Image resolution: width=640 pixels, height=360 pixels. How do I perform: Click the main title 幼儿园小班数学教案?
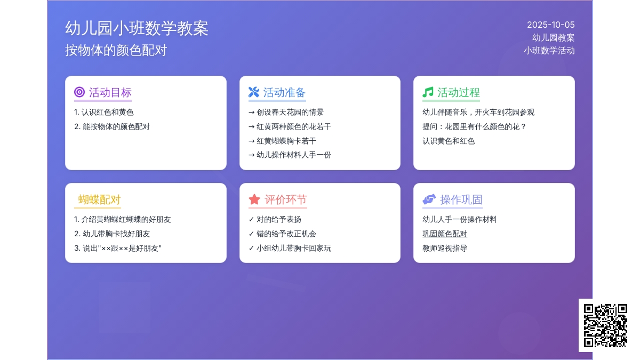tap(137, 28)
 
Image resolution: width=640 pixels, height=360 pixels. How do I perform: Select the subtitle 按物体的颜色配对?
tap(116, 50)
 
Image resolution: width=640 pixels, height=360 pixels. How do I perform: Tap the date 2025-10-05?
tap(550, 25)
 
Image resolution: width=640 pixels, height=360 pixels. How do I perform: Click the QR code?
tap(605, 325)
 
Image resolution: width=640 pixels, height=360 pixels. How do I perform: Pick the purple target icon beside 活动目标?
tap(79, 92)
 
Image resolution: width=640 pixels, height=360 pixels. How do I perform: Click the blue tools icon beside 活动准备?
tap(254, 92)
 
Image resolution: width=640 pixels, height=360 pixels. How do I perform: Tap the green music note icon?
tap(428, 92)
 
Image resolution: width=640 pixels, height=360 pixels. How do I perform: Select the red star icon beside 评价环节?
tap(254, 199)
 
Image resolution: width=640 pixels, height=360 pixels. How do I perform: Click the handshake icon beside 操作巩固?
tap(429, 199)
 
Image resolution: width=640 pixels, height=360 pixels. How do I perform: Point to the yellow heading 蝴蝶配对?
tap(99, 199)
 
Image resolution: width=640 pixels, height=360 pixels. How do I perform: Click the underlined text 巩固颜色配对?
tap(445, 234)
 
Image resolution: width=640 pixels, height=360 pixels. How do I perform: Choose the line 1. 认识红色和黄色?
tap(103, 113)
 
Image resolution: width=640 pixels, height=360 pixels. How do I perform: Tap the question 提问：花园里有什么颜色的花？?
tap(474, 126)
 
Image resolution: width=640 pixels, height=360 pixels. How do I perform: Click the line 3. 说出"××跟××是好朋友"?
tap(118, 248)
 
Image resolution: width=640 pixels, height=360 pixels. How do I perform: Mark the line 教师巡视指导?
tap(445, 248)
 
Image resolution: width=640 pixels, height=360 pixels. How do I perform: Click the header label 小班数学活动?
tap(549, 51)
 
